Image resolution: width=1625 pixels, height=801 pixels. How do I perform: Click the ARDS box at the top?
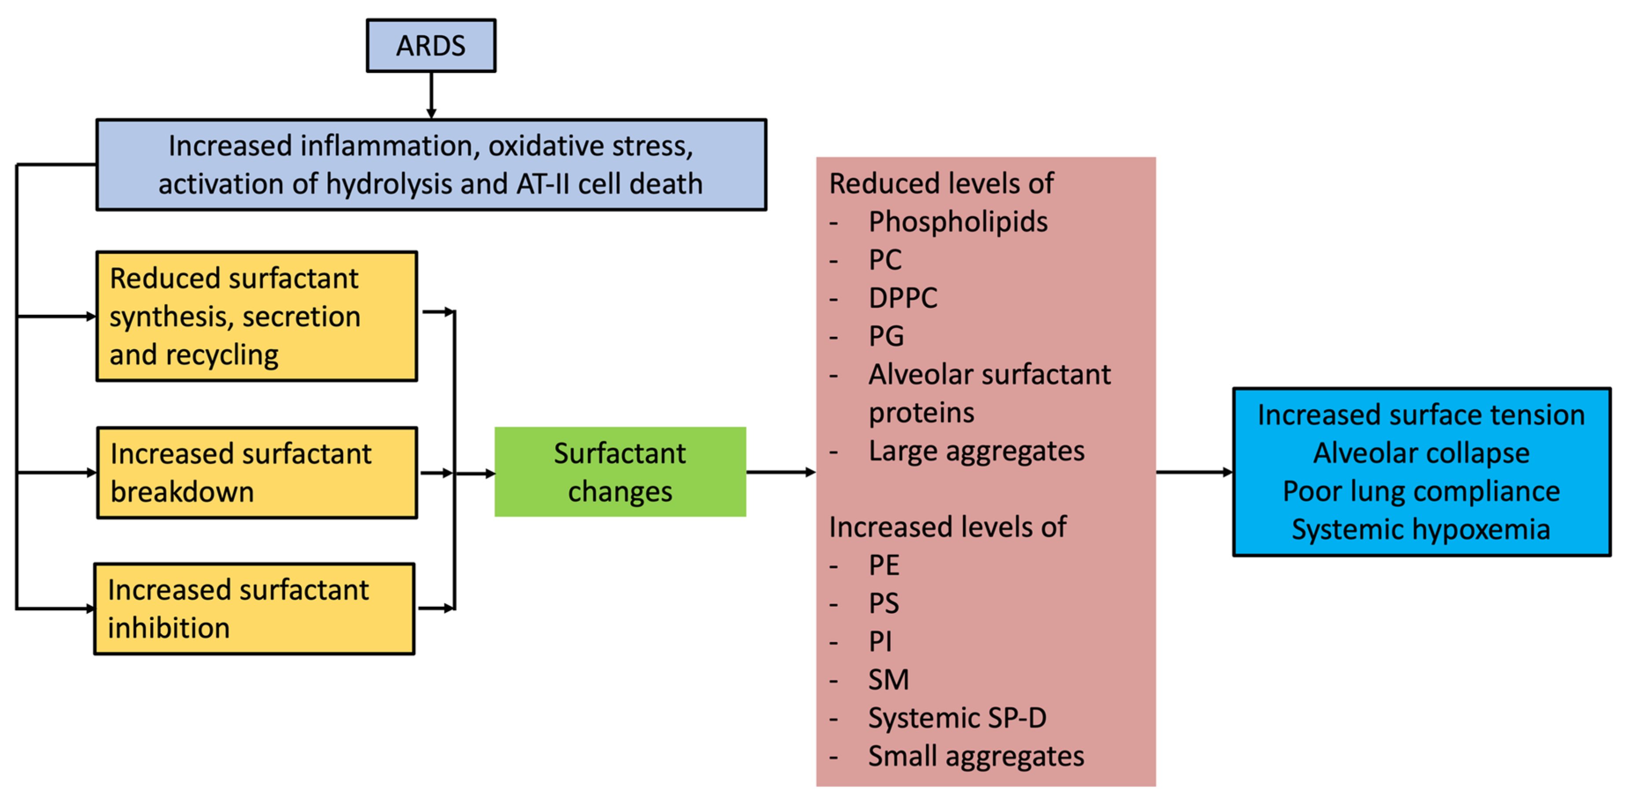(x=431, y=45)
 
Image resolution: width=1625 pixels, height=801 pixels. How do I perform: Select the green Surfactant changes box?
(x=619, y=472)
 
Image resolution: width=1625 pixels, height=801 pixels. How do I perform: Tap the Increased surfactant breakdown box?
(x=257, y=473)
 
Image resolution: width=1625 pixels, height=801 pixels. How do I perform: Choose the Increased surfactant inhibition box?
(x=254, y=609)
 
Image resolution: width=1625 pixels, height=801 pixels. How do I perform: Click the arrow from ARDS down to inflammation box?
(x=431, y=95)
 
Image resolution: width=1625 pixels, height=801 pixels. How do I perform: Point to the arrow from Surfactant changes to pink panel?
(x=780, y=472)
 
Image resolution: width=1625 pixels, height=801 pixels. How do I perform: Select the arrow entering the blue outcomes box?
(x=1194, y=472)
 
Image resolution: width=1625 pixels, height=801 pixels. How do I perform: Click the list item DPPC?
(x=903, y=298)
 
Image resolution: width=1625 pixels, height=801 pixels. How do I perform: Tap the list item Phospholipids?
(x=958, y=222)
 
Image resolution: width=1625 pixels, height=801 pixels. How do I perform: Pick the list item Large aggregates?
(x=976, y=451)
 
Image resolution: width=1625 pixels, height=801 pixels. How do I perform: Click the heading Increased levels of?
(x=947, y=527)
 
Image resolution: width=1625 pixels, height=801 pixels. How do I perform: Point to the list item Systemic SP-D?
(x=957, y=718)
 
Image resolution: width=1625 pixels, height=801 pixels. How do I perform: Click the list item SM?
(x=888, y=680)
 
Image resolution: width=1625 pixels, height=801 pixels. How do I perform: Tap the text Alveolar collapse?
(x=1421, y=453)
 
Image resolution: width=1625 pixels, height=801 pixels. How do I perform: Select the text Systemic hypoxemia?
(x=1421, y=529)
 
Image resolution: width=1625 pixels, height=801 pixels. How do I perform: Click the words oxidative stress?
(x=590, y=146)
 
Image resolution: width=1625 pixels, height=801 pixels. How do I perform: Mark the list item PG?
(x=886, y=336)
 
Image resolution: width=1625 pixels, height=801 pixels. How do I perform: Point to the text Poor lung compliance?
(x=1421, y=491)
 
